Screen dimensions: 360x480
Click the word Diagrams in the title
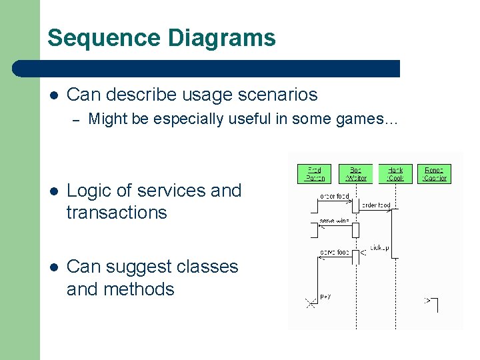tap(223, 38)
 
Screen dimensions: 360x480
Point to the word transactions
tap(117, 213)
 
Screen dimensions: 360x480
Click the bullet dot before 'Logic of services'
tap(53, 191)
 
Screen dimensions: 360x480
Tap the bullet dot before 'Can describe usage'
tap(53, 95)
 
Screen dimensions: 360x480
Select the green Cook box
tap(395, 174)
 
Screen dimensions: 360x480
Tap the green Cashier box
tap(435, 174)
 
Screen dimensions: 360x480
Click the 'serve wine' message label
tap(334, 221)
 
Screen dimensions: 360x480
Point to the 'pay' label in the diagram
tap(325, 296)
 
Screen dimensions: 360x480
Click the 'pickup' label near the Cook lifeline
tap(379, 248)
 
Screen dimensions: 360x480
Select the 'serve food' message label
tap(334, 253)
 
